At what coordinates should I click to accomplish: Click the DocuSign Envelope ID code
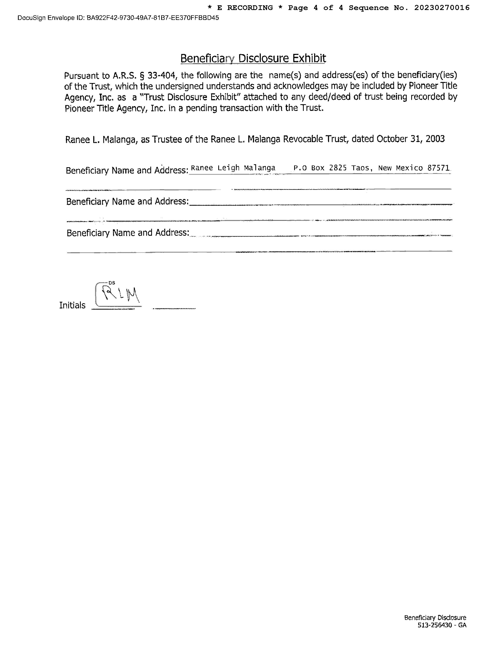(153, 18)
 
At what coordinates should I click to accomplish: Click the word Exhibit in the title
(309, 58)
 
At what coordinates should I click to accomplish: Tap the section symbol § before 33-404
(142, 75)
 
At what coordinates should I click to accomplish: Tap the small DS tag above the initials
(112, 283)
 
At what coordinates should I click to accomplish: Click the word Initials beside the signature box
(72, 305)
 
